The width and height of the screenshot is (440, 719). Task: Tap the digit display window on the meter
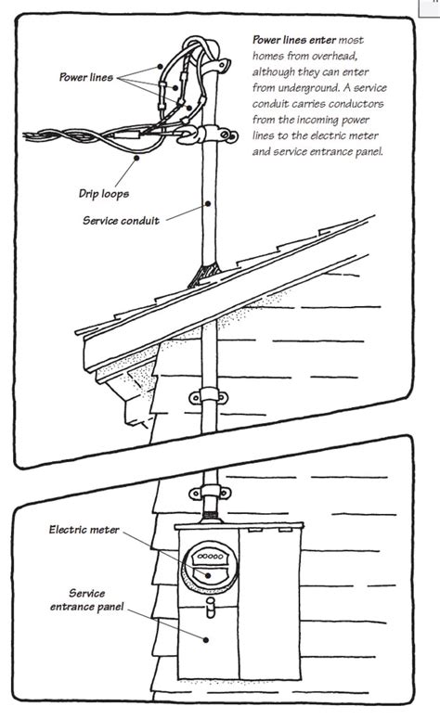pos(208,555)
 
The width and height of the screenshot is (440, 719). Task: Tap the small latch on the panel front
pos(211,609)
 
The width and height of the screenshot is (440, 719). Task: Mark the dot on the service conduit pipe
pos(209,203)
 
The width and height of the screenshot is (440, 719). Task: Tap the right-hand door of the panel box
pos(275,603)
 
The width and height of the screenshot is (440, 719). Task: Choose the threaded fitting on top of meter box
pos(209,513)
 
